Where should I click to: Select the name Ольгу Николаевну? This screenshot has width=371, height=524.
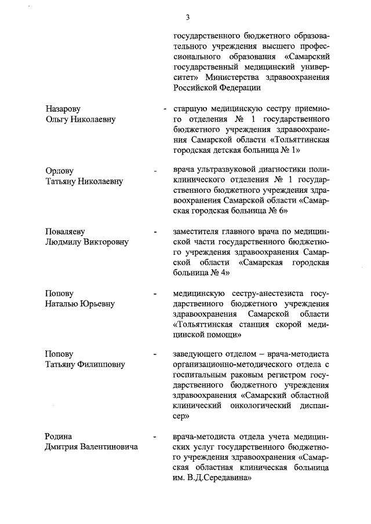(81, 119)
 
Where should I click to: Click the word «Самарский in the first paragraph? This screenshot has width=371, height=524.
(307, 57)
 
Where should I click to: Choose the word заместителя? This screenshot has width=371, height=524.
(197, 232)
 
